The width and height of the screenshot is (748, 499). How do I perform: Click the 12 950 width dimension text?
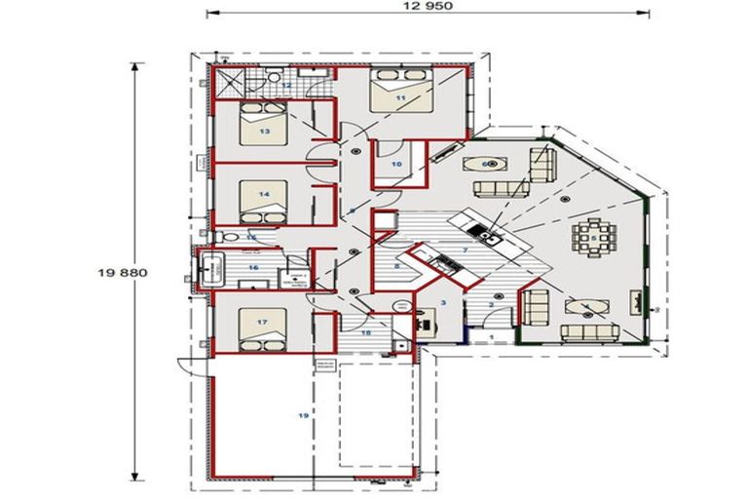(x=430, y=6)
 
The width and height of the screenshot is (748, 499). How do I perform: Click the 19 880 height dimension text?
(x=122, y=273)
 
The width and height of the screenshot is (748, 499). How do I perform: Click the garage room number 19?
(x=303, y=415)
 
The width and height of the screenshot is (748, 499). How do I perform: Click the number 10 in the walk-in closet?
(x=396, y=164)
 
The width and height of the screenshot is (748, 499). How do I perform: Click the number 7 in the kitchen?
(x=466, y=250)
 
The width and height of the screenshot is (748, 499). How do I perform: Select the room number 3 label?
(x=443, y=303)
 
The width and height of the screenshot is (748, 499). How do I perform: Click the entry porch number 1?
(x=492, y=336)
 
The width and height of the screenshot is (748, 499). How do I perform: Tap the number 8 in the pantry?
(x=396, y=265)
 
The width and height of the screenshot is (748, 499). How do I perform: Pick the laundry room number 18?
(x=366, y=332)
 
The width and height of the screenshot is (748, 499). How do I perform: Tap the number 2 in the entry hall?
(x=491, y=305)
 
